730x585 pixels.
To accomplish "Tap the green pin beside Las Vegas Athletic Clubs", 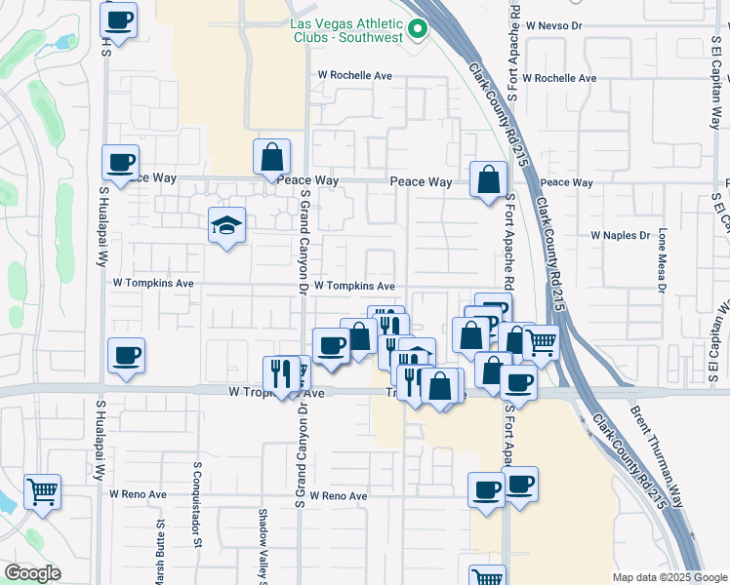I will pyautogui.click(x=420, y=27).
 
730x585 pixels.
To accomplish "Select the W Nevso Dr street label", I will pyautogui.click(x=552, y=25).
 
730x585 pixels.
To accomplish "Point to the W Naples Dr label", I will pyautogui.click(x=621, y=236).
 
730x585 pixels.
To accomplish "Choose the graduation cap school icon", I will pyautogui.click(x=226, y=227).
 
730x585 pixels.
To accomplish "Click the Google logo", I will pyautogui.click(x=31, y=573).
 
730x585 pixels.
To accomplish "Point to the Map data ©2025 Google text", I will pyautogui.click(x=669, y=577).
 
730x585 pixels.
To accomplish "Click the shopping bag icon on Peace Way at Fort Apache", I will pyautogui.click(x=488, y=179).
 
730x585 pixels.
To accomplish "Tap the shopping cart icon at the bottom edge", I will pyautogui.click(x=487, y=577).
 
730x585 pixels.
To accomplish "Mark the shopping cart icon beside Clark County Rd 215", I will pyautogui.click(x=541, y=342).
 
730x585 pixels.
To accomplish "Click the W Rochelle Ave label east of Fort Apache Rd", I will pyautogui.click(x=559, y=78).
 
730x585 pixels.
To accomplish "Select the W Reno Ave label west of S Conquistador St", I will pyautogui.click(x=138, y=494).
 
